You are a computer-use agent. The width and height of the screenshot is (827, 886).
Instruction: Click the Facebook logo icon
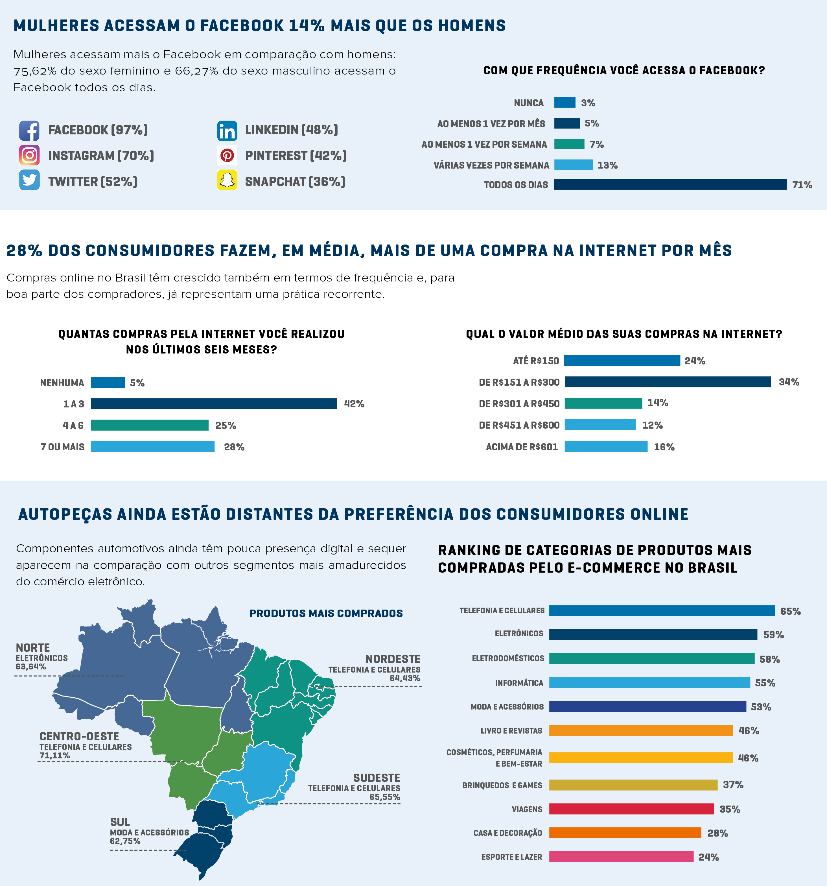coord(29,130)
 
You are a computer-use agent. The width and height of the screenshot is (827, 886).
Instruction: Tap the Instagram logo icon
coord(29,156)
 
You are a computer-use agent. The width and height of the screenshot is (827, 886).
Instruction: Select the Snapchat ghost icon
coord(227,180)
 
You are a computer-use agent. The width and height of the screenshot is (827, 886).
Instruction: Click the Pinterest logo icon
coord(227,156)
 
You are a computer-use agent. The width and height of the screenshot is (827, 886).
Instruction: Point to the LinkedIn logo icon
coord(227,130)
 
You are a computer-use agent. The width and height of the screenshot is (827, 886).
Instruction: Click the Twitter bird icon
coord(29,180)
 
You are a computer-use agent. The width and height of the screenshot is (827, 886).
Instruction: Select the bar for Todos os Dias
coord(670,184)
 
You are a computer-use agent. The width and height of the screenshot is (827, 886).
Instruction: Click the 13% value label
coord(607,165)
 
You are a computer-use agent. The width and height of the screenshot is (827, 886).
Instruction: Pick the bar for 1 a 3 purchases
coord(214,404)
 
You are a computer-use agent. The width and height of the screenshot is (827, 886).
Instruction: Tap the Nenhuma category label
coord(62,383)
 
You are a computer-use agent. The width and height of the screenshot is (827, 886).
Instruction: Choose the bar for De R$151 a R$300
coord(668,382)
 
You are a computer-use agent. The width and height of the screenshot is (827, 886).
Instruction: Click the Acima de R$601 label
coord(522,447)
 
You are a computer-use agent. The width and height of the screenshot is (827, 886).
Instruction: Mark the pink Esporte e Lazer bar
coord(621,857)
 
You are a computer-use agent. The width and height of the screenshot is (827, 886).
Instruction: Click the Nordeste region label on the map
coord(393,659)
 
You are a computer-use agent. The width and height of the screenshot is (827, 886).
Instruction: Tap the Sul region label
coord(120,822)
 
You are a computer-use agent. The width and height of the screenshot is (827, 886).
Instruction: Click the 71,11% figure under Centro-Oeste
coord(55,756)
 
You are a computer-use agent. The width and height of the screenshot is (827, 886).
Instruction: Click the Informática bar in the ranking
coord(649,683)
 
